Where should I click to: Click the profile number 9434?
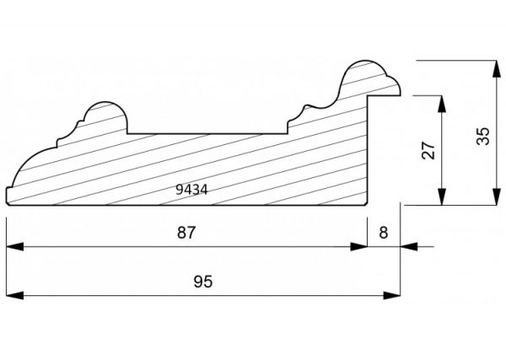click(191, 190)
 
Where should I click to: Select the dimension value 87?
click(186, 233)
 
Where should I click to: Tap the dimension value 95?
click(203, 282)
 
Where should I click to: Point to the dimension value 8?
click(384, 233)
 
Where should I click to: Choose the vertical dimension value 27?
click(428, 150)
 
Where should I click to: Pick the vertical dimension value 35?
click(483, 136)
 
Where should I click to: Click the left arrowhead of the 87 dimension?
click(15, 247)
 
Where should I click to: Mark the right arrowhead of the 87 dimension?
click(359, 247)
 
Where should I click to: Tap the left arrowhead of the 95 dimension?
click(15, 295)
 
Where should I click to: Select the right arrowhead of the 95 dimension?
click(392, 295)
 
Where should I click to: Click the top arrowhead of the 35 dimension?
click(496, 68)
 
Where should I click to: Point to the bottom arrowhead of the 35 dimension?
click(496, 196)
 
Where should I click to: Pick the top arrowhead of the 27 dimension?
click(442, 104)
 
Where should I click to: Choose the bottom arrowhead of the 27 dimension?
click(442, 196)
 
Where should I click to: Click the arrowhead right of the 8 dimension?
click(409, 247)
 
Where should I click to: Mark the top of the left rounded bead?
click(105, 102)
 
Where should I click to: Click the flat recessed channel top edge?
click(207, 133)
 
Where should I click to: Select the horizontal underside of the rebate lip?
click(385, 95)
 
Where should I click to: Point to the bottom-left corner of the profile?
click(7, 205)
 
